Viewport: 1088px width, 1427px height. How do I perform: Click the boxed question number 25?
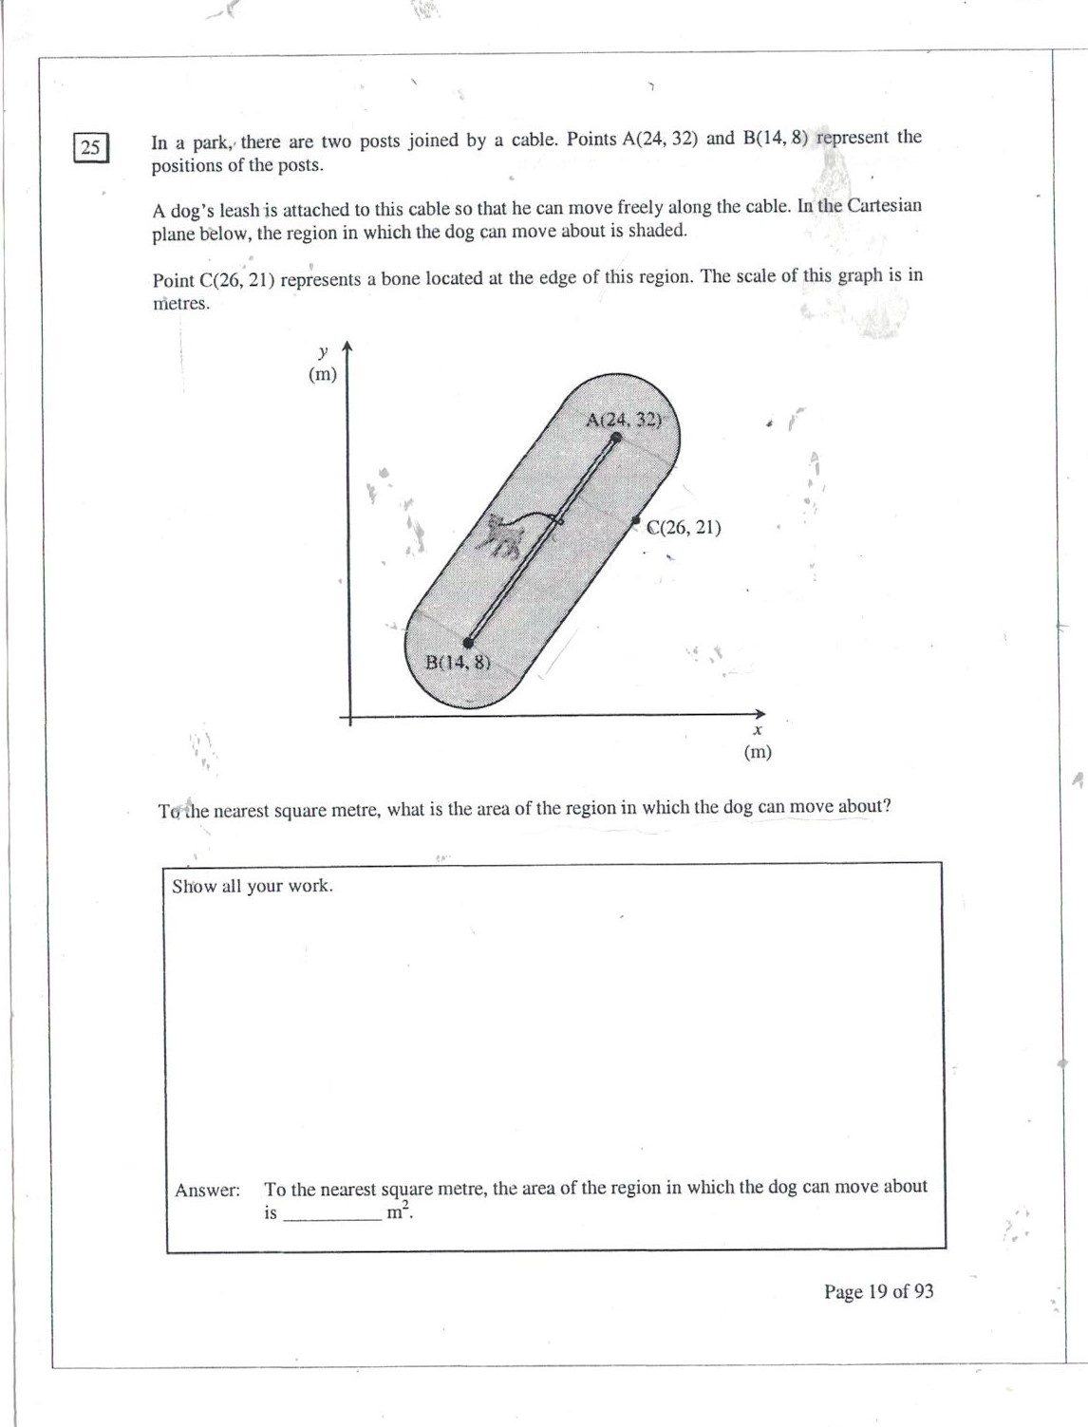(91, 147)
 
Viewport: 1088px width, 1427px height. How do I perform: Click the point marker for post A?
(616, 438)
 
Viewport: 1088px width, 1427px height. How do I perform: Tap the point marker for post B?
(468, 643)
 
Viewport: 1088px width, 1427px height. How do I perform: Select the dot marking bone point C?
(636, 521)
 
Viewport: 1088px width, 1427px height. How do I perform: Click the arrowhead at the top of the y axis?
(347, 347)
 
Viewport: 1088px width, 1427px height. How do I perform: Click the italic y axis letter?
(323, 351)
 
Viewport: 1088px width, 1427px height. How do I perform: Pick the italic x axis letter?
(757, 730)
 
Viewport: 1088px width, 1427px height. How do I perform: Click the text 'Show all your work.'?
(253, 886)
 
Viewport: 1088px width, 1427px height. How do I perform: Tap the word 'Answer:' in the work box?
(207, 1190)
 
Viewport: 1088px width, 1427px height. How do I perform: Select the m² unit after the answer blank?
(399, 1211)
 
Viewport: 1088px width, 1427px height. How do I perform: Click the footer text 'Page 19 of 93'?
(878, 1291)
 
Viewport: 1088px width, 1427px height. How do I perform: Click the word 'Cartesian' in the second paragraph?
(884, 206)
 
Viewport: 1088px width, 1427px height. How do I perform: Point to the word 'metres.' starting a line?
(180, 304)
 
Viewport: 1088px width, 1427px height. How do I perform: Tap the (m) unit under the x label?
(758, 752)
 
